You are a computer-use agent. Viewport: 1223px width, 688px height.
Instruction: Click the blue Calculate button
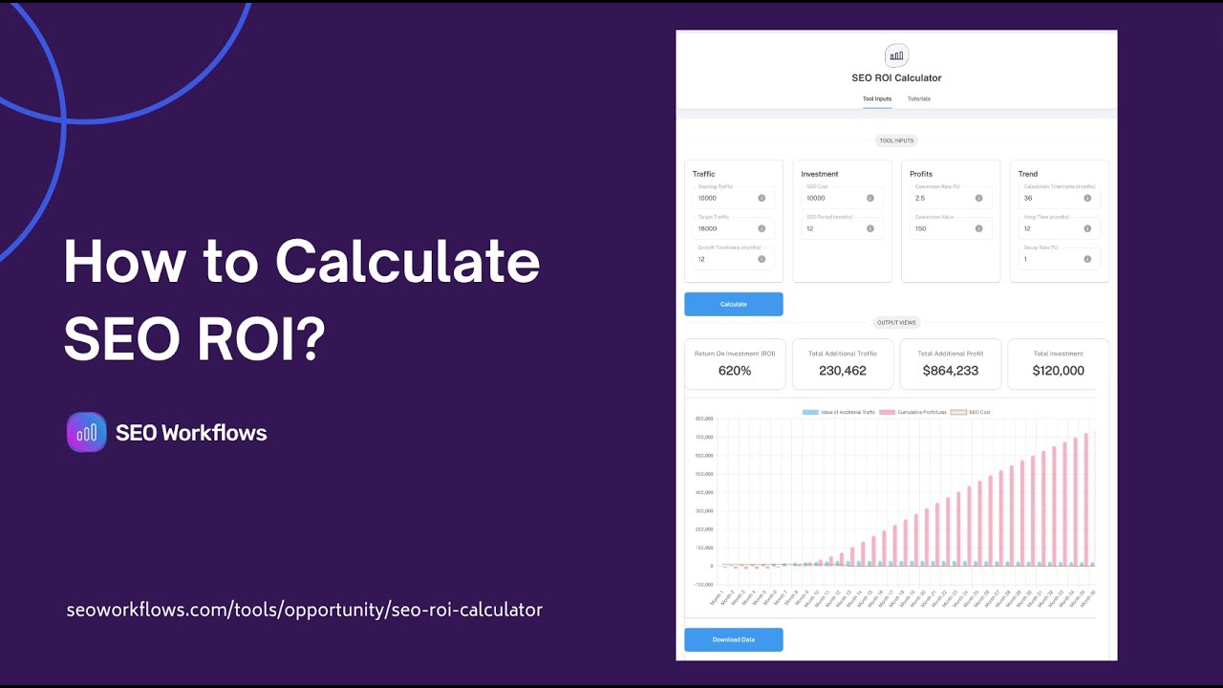(734, 304)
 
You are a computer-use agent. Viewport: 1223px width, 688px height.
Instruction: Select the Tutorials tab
(918, 98)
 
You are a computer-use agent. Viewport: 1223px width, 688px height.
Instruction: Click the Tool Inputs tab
(876, 98)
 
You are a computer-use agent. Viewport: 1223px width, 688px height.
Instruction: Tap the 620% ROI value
(735, 371)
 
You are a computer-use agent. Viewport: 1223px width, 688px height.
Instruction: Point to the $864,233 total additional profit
(950, 371)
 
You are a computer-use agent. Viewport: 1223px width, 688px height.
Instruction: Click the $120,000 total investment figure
(1058, 371)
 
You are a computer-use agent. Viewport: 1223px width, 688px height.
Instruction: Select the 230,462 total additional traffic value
(842, 371)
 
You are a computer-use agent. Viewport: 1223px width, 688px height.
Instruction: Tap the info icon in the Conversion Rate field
(978, 198)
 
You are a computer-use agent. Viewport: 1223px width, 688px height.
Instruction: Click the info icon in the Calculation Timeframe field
(1087, 198)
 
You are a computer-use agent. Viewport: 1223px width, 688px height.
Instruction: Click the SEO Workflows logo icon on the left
(86, 432)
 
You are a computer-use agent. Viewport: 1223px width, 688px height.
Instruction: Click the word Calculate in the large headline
(408, 261)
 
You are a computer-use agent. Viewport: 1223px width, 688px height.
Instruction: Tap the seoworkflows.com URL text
(304, 610)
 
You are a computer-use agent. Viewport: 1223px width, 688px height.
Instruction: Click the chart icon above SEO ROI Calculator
(896, 55)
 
